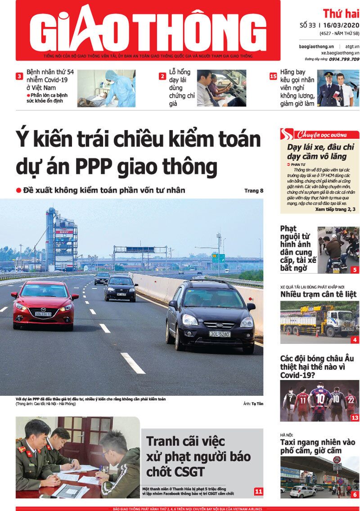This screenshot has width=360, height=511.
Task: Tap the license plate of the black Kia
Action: [x=220, y=334]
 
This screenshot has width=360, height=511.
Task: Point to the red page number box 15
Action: [x=273, y=77]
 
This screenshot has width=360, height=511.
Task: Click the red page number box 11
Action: [x=258, y=491]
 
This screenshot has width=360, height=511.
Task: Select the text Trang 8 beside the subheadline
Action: [x=254, y=190]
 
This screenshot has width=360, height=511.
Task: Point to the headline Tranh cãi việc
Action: [x=185, y=441]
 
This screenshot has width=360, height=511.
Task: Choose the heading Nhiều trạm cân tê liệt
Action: [x=318, y=294]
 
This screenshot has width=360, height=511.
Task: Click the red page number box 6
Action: [x=355, y=495]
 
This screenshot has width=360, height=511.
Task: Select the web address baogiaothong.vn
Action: [x=316, y=47]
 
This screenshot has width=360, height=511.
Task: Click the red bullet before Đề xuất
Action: [x=19, y=190]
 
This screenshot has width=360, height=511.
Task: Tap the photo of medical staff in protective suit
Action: [x=107, y=88]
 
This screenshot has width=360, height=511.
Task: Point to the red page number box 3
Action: [x=19, y=77]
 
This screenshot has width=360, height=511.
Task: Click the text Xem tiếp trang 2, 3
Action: [x=335, y=209]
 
